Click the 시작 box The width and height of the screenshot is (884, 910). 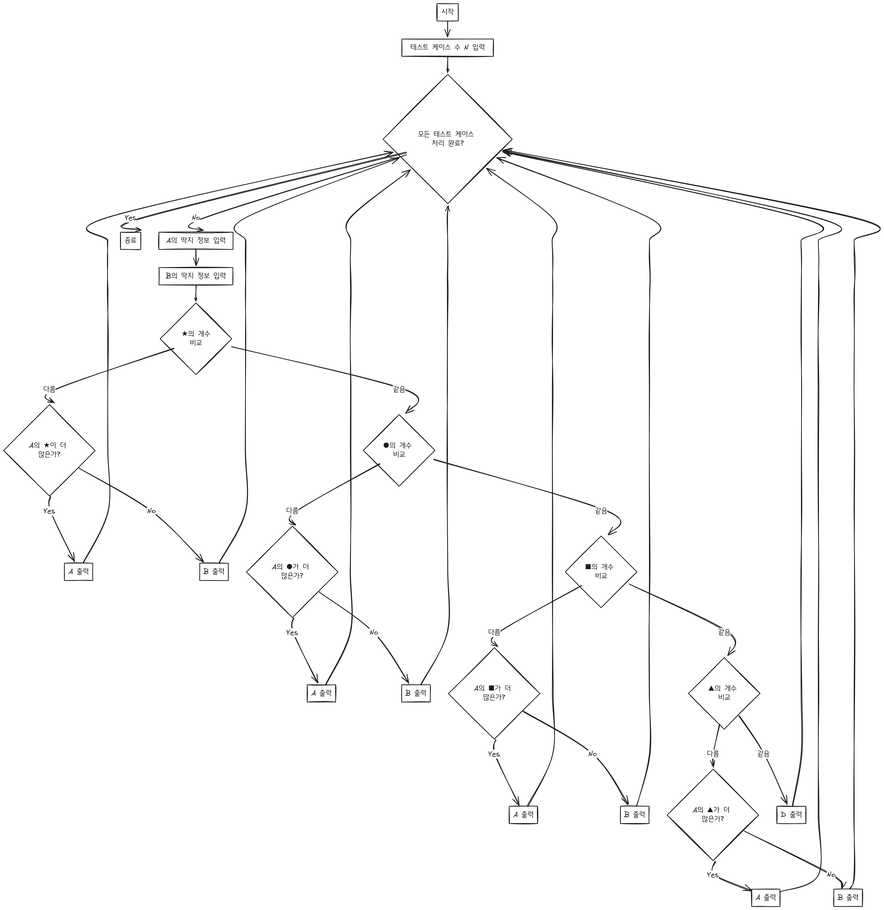[x=447, y=13]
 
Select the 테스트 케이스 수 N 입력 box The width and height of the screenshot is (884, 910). [x=447, y=47]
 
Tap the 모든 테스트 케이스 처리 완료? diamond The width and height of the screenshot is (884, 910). [x=447, y=139]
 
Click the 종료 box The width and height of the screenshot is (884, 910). [x=130, y=241]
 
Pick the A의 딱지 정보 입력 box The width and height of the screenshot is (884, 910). [x=195, y=241]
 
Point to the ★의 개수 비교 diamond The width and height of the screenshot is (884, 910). [x=195, y=339]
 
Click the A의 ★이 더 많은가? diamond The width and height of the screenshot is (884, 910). [x=49, y=450]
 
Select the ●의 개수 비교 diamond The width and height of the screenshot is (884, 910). [x=399, y=450]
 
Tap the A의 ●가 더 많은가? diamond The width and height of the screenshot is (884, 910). [x=292, y=571]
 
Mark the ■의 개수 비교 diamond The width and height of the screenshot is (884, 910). [x=601, y=571]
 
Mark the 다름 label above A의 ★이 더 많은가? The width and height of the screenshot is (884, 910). [x=49, y=389]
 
